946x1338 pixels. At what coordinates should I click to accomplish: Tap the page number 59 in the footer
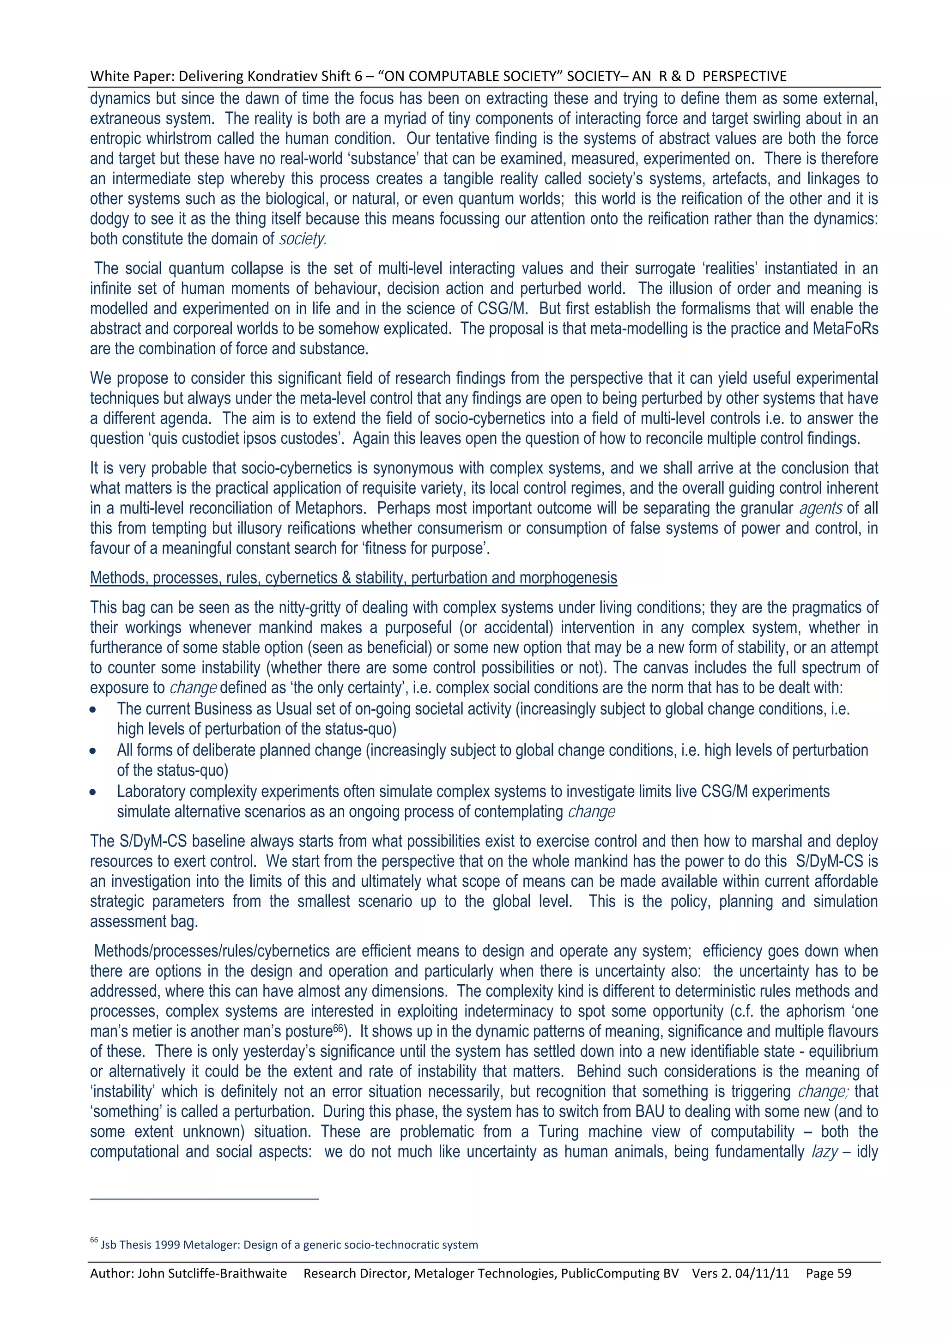[844, 1273]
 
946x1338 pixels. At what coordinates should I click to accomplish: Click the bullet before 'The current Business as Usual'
[93, 710]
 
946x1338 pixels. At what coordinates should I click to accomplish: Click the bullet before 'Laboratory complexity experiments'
[93, 793]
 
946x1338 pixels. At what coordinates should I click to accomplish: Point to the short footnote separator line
[205, 1199]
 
